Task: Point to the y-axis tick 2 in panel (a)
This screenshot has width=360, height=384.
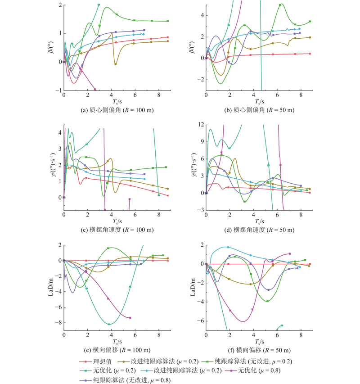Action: pyautogui.click(x=60, y=5)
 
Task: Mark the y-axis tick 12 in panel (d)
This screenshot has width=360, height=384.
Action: pyautogui.click(x=201, y=124)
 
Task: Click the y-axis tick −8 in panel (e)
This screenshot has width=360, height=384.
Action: pyautogui.click(x=58, y=323)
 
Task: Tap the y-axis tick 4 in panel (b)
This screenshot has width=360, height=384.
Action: pyautogui.click(x=202, y=15)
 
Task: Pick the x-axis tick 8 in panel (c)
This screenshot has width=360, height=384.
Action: pyautogui.click(x=159, y=215)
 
